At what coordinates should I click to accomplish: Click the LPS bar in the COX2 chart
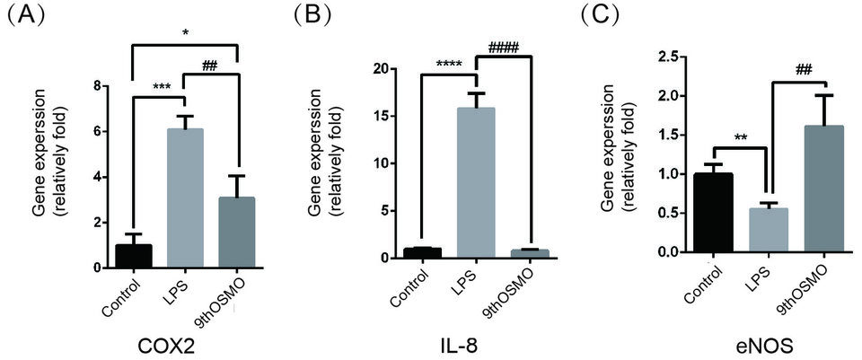pyautogui.click(x=184, y=198)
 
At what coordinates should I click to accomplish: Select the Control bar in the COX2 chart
pyautogui.click(x=132, y=256)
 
